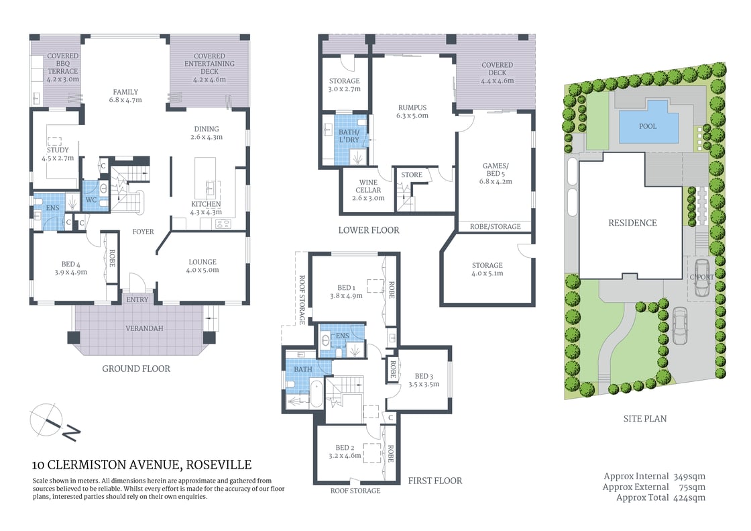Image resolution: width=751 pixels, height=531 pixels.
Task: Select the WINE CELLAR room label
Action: click(368, 190)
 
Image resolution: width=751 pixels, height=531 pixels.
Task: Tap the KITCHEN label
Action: click(205, 204)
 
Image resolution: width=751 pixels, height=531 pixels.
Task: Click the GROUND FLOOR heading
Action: click(136, 369)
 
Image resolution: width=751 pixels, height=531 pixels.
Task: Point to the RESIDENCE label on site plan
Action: click(632, 223)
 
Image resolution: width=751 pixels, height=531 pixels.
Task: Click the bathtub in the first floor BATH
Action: click(316, 393)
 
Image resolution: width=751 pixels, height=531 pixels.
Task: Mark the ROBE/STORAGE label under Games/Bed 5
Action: click(495, 227)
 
